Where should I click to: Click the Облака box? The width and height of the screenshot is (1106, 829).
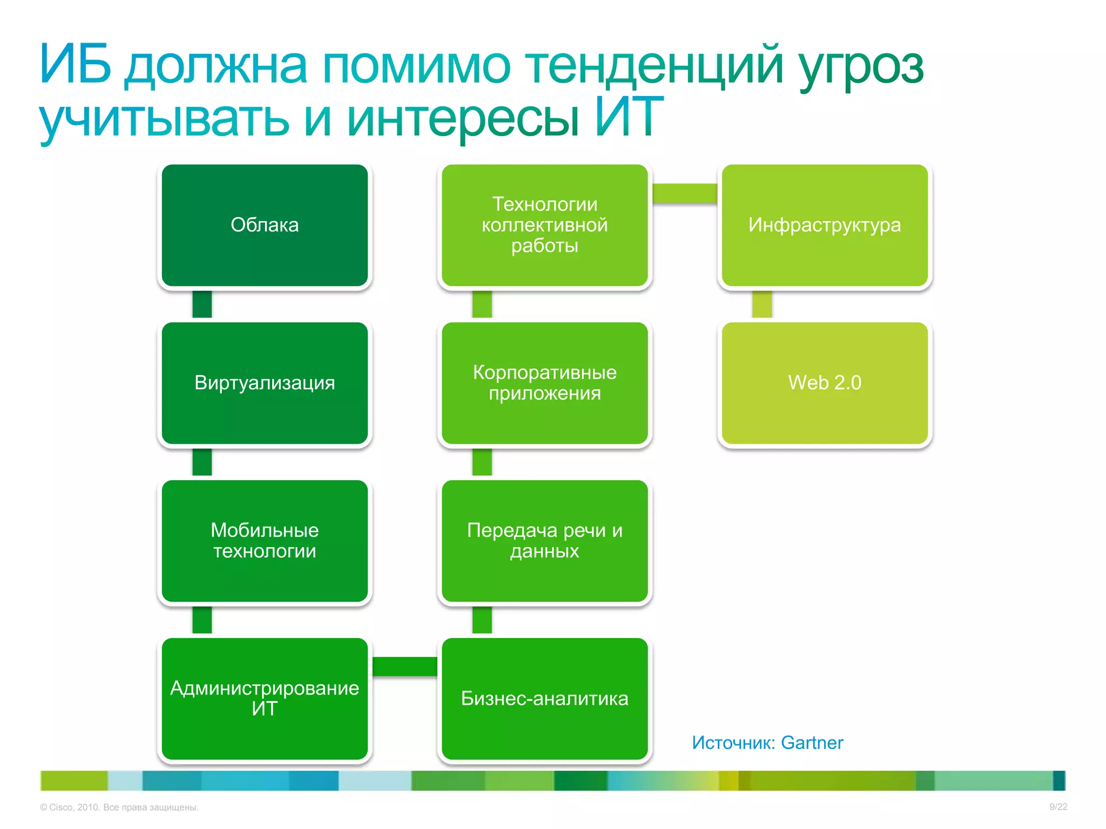pos(265,225)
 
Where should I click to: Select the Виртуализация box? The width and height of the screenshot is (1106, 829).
pos(265,383)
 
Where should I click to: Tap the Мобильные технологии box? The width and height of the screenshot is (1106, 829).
pos(265,541)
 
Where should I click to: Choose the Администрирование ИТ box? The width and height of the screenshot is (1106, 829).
pos(265,698)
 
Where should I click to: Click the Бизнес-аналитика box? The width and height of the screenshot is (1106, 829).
pos(544,698)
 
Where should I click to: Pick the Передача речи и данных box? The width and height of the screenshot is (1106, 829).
pos(544,541)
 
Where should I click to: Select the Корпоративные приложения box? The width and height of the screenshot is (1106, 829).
pos(544,383)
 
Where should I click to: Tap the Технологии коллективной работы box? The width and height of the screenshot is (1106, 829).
pos(544,225)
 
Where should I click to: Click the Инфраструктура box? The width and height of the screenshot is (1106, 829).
pos(825,225)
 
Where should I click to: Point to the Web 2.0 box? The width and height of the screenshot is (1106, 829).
pos(825,383)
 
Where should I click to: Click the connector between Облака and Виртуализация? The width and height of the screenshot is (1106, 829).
pos(202,304)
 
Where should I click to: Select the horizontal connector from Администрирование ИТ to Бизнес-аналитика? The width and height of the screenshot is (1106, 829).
pos(404,667)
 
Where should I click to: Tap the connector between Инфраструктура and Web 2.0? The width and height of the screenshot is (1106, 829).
pos(762,304)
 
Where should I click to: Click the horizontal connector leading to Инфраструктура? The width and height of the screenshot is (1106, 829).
pos(685,193)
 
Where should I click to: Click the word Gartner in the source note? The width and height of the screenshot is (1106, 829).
pos(812,743)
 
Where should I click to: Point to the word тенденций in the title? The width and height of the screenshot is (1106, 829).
pos(653,66)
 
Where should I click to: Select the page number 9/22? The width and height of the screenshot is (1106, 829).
pos(1058,807)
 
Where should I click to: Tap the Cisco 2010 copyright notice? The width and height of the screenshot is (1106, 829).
pos(119,807)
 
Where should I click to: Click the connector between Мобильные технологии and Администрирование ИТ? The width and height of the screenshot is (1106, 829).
pos(202,620)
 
